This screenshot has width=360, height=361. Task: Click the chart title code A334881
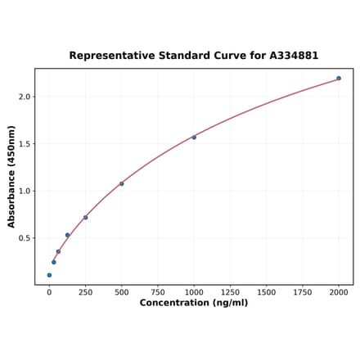[x=290, y=56]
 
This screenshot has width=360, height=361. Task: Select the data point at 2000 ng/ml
[x=339, y=79]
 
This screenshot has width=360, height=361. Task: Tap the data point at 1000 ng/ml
[x=194, y=138]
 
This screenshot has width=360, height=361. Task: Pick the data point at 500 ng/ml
[x=122, y=183]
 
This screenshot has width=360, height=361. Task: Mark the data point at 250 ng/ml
[x=85, y=218]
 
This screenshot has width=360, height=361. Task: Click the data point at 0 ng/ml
[x=49, y=275]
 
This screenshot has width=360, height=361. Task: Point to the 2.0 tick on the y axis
[x=24, y=97]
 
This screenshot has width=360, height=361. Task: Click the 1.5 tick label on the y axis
[x=24, y=144]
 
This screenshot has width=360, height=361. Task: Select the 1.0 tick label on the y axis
[x=24, y=192]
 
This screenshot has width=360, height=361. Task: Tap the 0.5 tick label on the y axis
[x=24, y=238]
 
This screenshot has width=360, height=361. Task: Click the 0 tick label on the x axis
[x=49, y=292]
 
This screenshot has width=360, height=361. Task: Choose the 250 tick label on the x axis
[x=85, y=292]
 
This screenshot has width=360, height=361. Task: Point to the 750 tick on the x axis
[x=158, y=292]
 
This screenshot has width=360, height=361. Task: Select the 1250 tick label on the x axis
[x=230, y=292]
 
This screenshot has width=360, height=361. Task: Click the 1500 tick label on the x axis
[x=266, y=292]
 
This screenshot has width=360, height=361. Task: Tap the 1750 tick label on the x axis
[x=303, y=292]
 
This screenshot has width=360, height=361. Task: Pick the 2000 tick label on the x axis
[x=339, y=292]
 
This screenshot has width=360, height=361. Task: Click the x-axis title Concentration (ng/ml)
[x=194, y=303]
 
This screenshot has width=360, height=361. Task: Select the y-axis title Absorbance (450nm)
[x=11, y=177]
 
